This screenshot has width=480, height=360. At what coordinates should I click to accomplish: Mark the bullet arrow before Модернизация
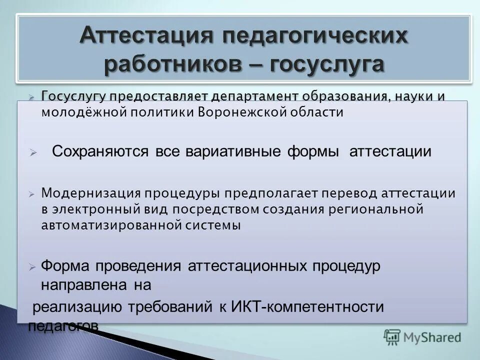tap(31, 193)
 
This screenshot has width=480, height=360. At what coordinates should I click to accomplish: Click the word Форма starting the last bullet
tap(64, 266)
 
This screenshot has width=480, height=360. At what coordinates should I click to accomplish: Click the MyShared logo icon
tap(392, 336)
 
